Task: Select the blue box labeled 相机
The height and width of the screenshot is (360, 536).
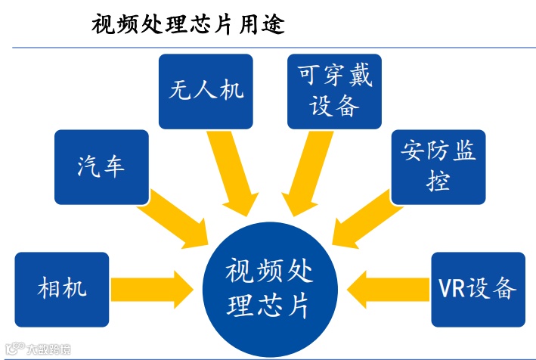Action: tap(62, 288)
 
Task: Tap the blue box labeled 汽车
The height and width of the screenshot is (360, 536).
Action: tap(101, 166)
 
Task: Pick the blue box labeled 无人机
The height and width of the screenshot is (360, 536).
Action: tap(206, 91)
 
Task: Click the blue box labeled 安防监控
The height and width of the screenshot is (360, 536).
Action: tap(438, 166)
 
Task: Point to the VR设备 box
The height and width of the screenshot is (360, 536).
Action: tap(478, 288)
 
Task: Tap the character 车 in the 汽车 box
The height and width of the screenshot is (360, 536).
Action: tap(113, 166)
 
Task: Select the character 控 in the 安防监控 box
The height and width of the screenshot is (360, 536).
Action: tap(438, 182)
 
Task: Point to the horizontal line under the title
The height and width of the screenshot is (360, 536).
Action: tap(268, 48)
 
